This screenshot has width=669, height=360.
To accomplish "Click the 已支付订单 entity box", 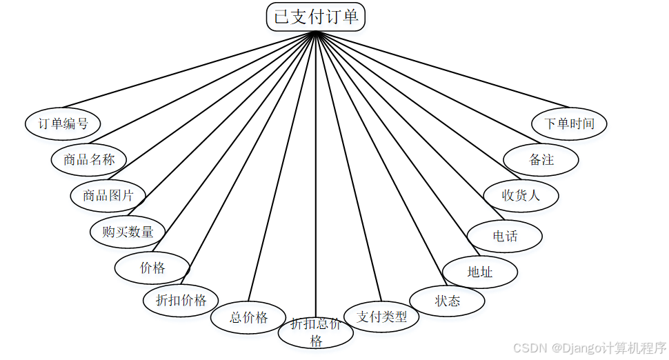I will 316,17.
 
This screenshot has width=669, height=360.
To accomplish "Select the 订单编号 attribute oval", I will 63,124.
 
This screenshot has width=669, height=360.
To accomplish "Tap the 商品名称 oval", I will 89,160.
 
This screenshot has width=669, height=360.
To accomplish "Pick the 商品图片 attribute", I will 108,196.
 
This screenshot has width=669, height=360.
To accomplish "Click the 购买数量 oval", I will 128,232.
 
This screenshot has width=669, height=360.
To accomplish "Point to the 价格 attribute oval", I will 152,268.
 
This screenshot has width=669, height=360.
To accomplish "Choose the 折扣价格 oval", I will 181,300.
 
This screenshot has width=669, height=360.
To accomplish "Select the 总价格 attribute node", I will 248,318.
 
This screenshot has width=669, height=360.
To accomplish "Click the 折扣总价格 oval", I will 316,332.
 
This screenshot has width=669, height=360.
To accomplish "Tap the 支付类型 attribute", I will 381,317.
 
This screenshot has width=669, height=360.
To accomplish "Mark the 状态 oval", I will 447,301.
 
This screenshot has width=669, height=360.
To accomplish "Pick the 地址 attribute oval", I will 480,272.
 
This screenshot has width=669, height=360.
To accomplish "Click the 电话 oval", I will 505,237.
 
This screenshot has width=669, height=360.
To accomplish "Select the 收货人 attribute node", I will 521,195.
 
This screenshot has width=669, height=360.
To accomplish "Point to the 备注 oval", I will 541,160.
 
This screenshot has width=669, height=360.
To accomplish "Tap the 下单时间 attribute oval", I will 569,124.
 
